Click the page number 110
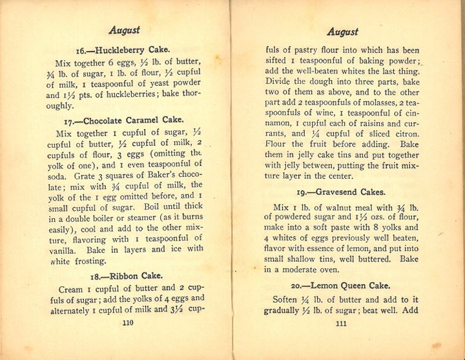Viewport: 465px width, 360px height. coord(127,324)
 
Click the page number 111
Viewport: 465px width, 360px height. coord(342,324)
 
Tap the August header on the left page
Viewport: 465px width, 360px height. coord(125,30)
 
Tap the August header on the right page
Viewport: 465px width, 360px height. coord(342,32)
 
